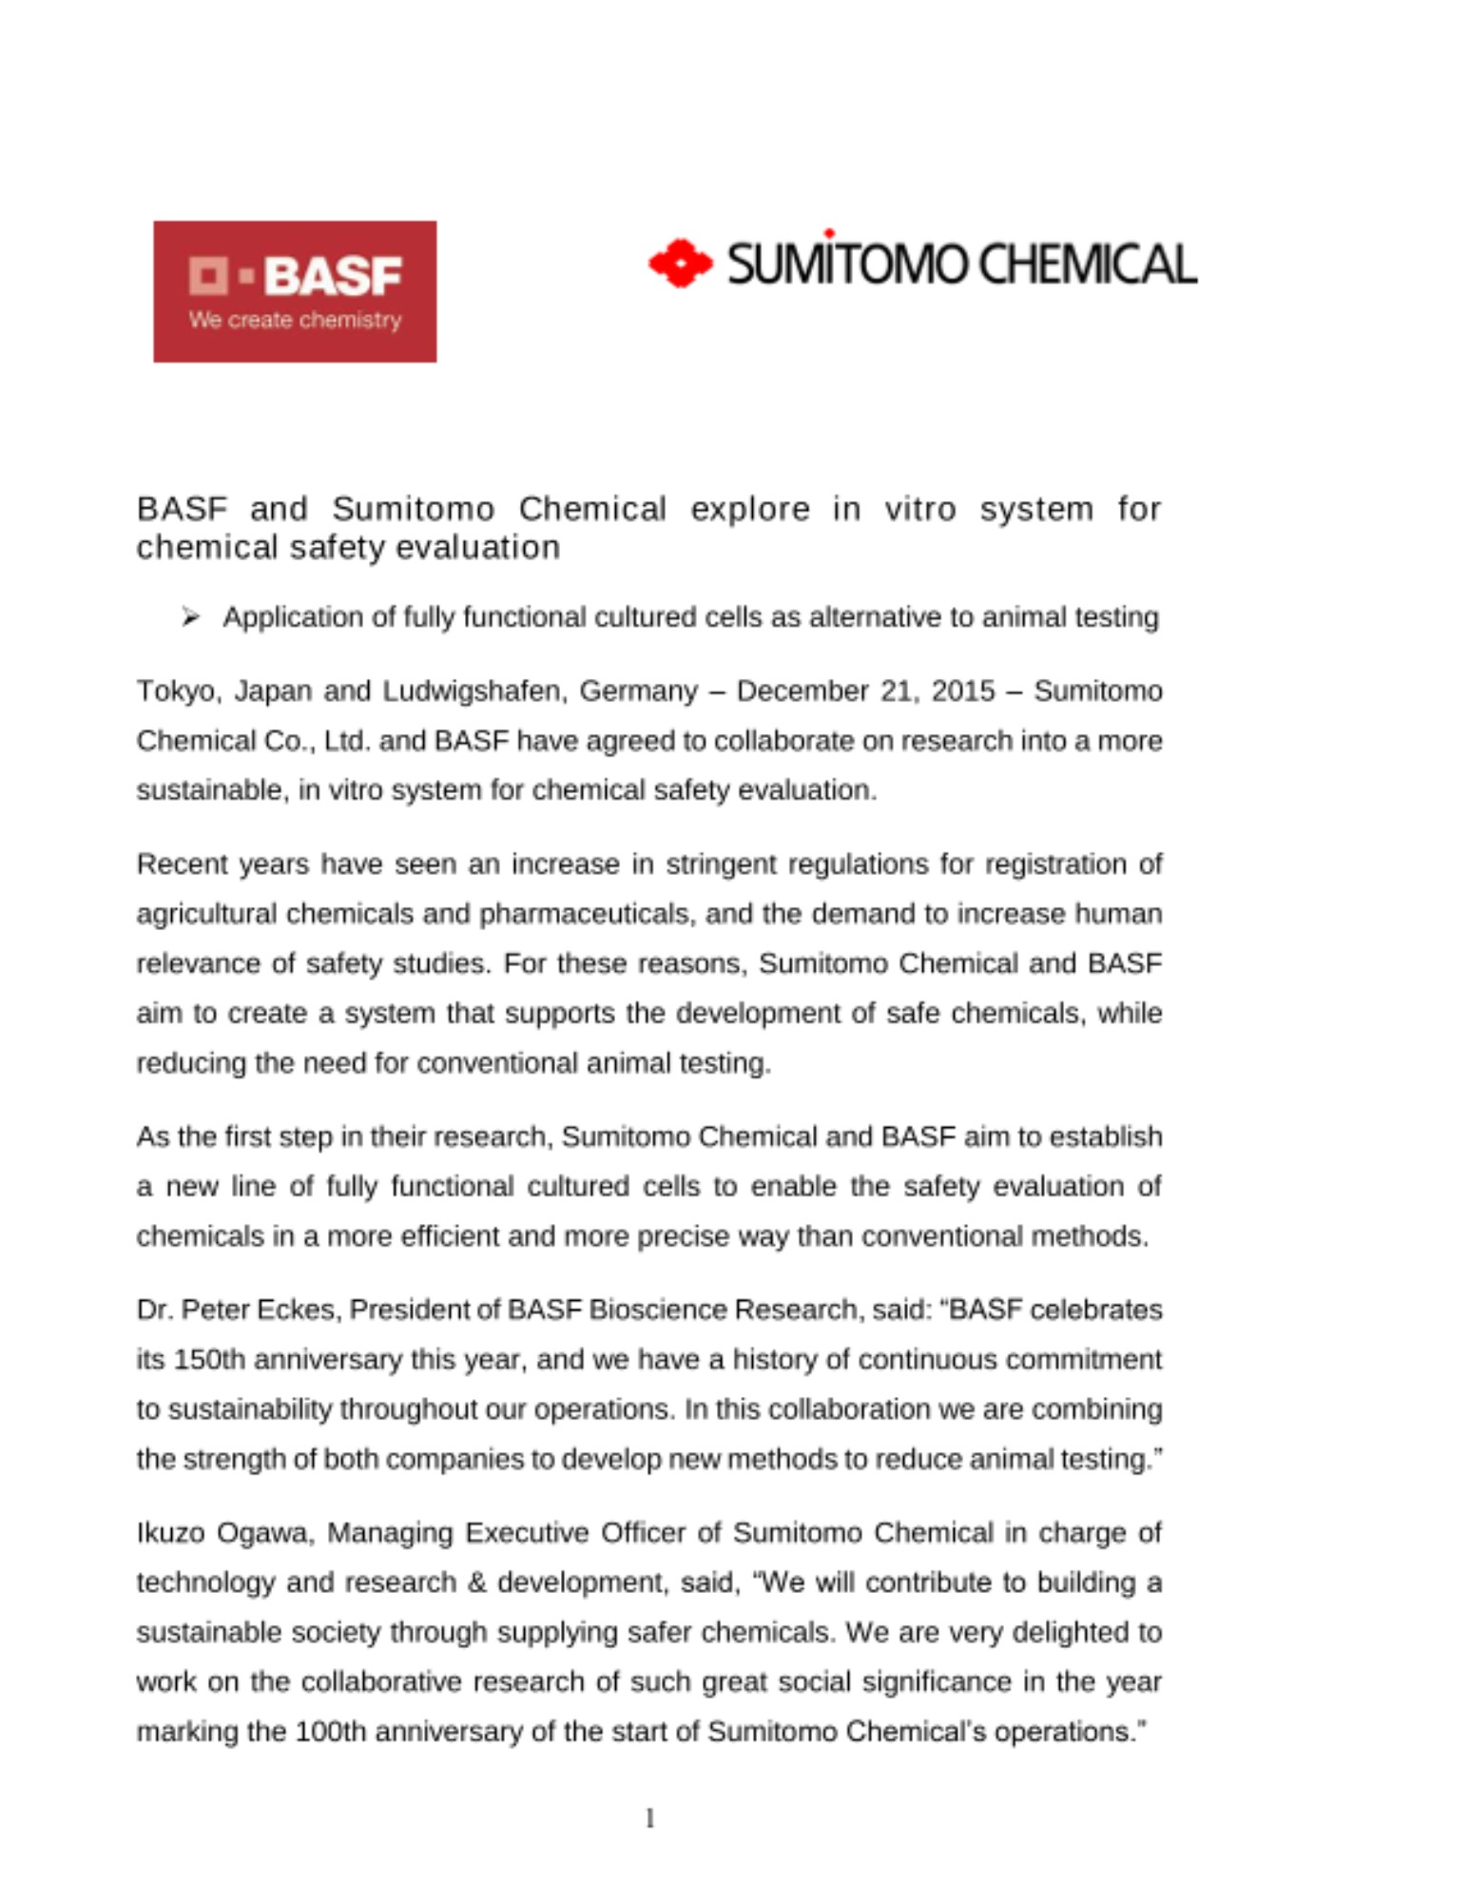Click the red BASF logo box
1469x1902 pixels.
point(295,291)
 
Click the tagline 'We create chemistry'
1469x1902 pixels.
point(295,320)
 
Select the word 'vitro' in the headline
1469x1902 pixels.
point(919,509)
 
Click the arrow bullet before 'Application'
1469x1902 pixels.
point(190,618)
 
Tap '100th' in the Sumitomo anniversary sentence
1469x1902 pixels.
point(330,1731)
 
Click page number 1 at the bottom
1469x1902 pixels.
point(650,1819)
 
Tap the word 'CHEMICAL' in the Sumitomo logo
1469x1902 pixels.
point(1088,264)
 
